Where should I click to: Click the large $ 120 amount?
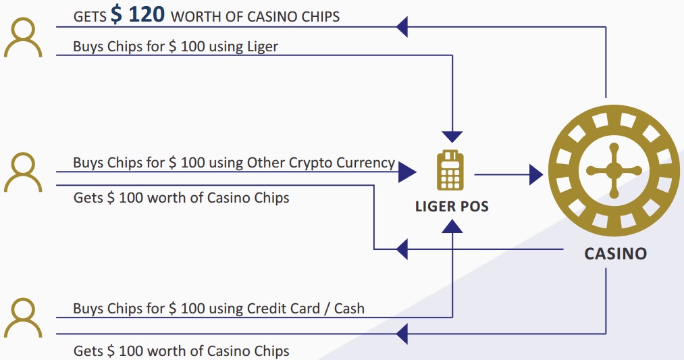pos(138,14)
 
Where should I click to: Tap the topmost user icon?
pos(23,38)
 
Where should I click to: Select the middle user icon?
pos(23,172)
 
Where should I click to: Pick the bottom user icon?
pos(23,318)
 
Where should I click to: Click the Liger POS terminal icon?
pos(450,170)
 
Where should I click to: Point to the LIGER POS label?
pos(452,207)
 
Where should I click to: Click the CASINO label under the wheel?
pos(616,253)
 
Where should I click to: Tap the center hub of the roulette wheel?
pos(614,171)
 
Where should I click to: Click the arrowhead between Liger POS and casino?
pos(536,174)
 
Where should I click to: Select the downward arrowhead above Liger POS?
pos(452,136)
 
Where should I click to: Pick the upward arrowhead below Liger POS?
pos(452,226)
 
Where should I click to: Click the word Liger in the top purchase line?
pos(263,47)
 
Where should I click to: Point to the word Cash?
pos(349,309)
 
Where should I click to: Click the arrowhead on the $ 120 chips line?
pos(402,27)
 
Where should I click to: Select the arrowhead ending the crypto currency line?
pos(407,172)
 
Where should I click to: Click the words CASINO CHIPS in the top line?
pos(293,17)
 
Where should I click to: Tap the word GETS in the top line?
pos(90,17)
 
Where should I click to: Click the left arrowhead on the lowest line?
pos(402,334)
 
